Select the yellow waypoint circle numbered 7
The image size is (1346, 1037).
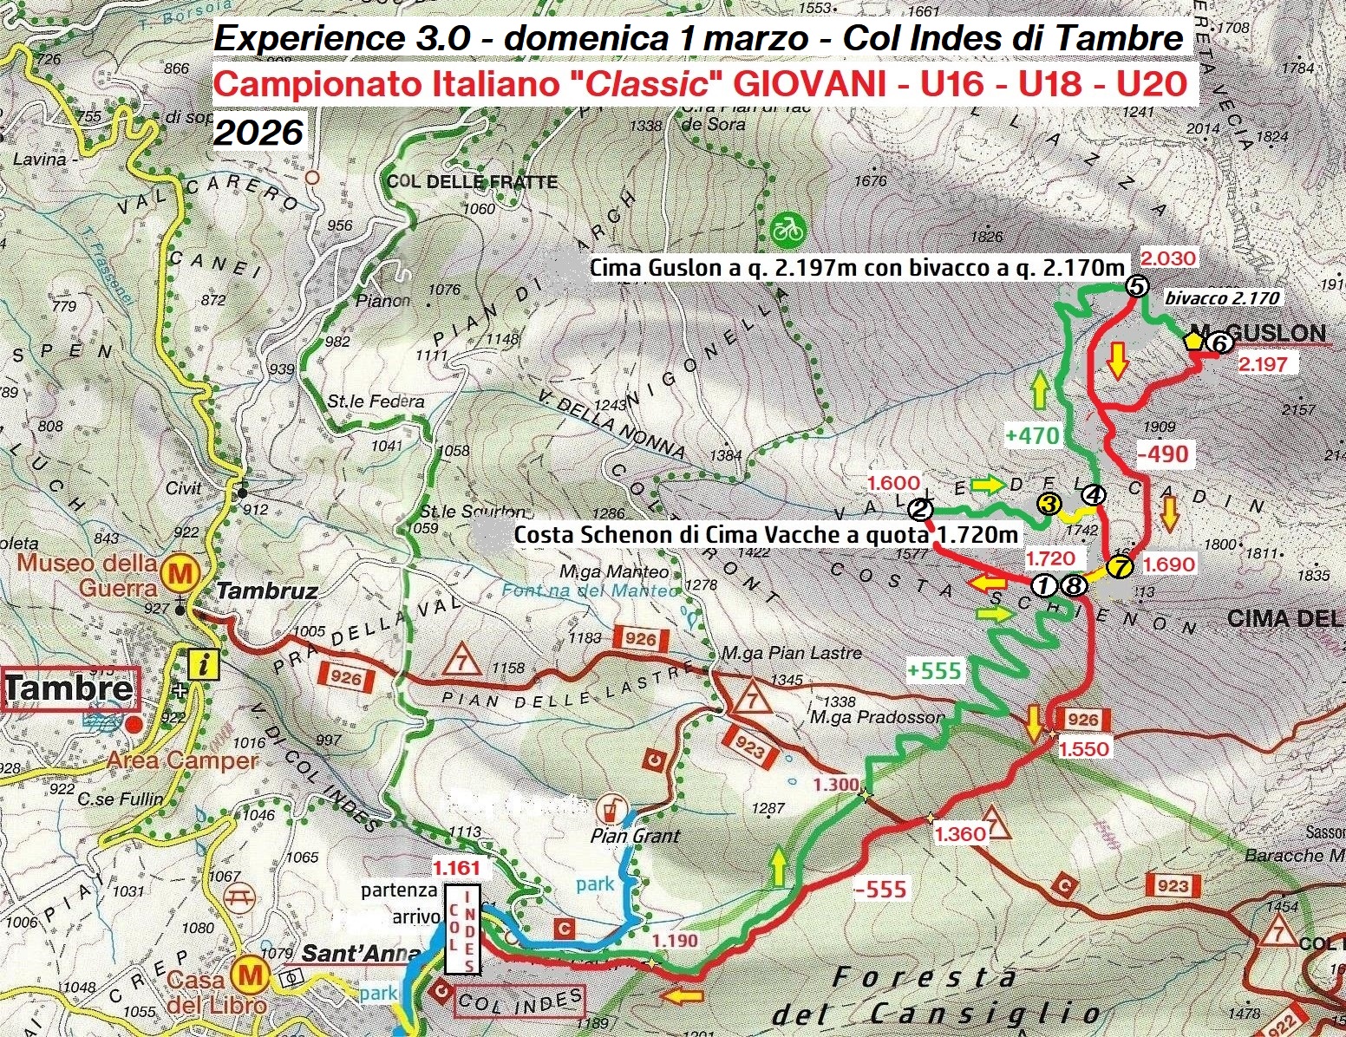point(1121,568)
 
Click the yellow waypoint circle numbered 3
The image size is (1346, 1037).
point(1049,504)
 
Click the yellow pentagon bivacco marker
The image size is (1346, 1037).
point(1195,342)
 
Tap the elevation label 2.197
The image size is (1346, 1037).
point(1262,364)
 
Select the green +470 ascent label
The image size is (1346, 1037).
point(1032,434)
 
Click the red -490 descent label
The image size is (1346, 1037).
point(1161,453)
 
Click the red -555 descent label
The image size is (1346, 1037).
point(880,888)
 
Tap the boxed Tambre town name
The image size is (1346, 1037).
point(69,689)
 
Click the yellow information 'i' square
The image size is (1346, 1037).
point(204,666)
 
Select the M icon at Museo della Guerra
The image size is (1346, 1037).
point(182,574)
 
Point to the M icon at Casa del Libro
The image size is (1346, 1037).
point(252,975)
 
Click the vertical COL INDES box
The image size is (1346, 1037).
point(461,929)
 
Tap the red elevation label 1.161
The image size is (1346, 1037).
point(456,867)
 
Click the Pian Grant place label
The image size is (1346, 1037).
point(634,837)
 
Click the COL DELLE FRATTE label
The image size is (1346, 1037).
point(472,182)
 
